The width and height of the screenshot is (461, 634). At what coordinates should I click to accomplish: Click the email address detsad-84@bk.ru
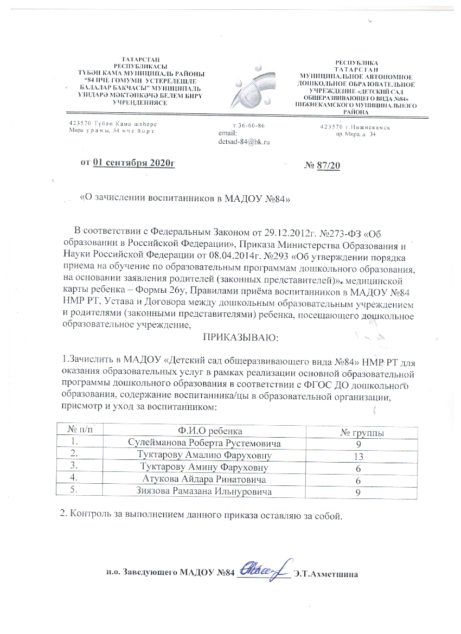click(243, 142)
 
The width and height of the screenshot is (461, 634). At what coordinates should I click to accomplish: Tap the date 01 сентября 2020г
click(135, 162)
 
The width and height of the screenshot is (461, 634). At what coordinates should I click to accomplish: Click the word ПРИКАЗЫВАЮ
click(239, 338)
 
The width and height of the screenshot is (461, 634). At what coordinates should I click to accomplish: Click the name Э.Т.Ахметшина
click(325, 573)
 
